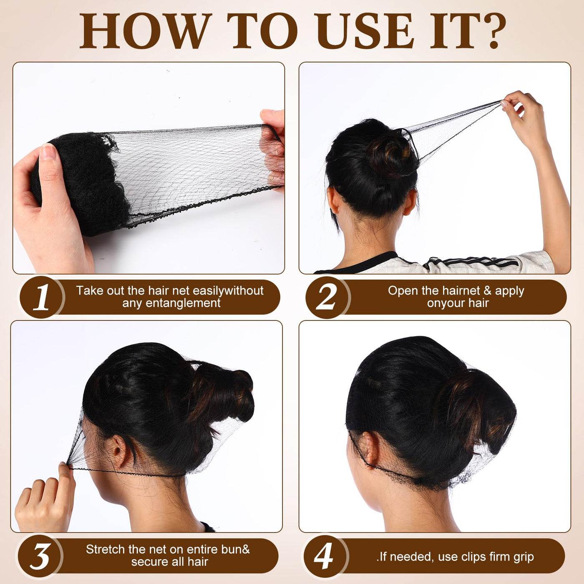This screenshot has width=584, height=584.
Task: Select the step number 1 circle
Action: [x=42, y=297]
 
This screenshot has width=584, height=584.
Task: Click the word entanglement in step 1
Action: [x=184, y=303]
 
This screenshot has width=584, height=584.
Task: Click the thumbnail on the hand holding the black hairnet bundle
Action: [x=48, y=151]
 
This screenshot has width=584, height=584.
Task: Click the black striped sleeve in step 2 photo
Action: [x=473, y=263]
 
